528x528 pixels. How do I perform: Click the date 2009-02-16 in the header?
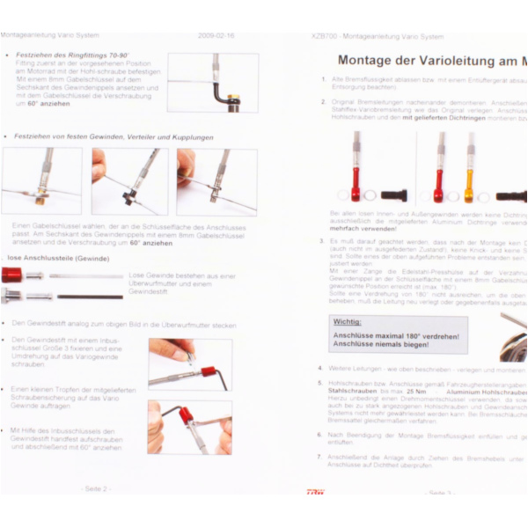tap(216, 36)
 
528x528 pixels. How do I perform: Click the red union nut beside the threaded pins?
tap(11, 275)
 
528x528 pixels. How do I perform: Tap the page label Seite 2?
tap(97, 488)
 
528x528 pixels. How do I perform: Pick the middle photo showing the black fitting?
tap(129, 181)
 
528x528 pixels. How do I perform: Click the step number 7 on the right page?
tap(320, 458)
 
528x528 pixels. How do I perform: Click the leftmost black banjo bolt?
tap(393, 194)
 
